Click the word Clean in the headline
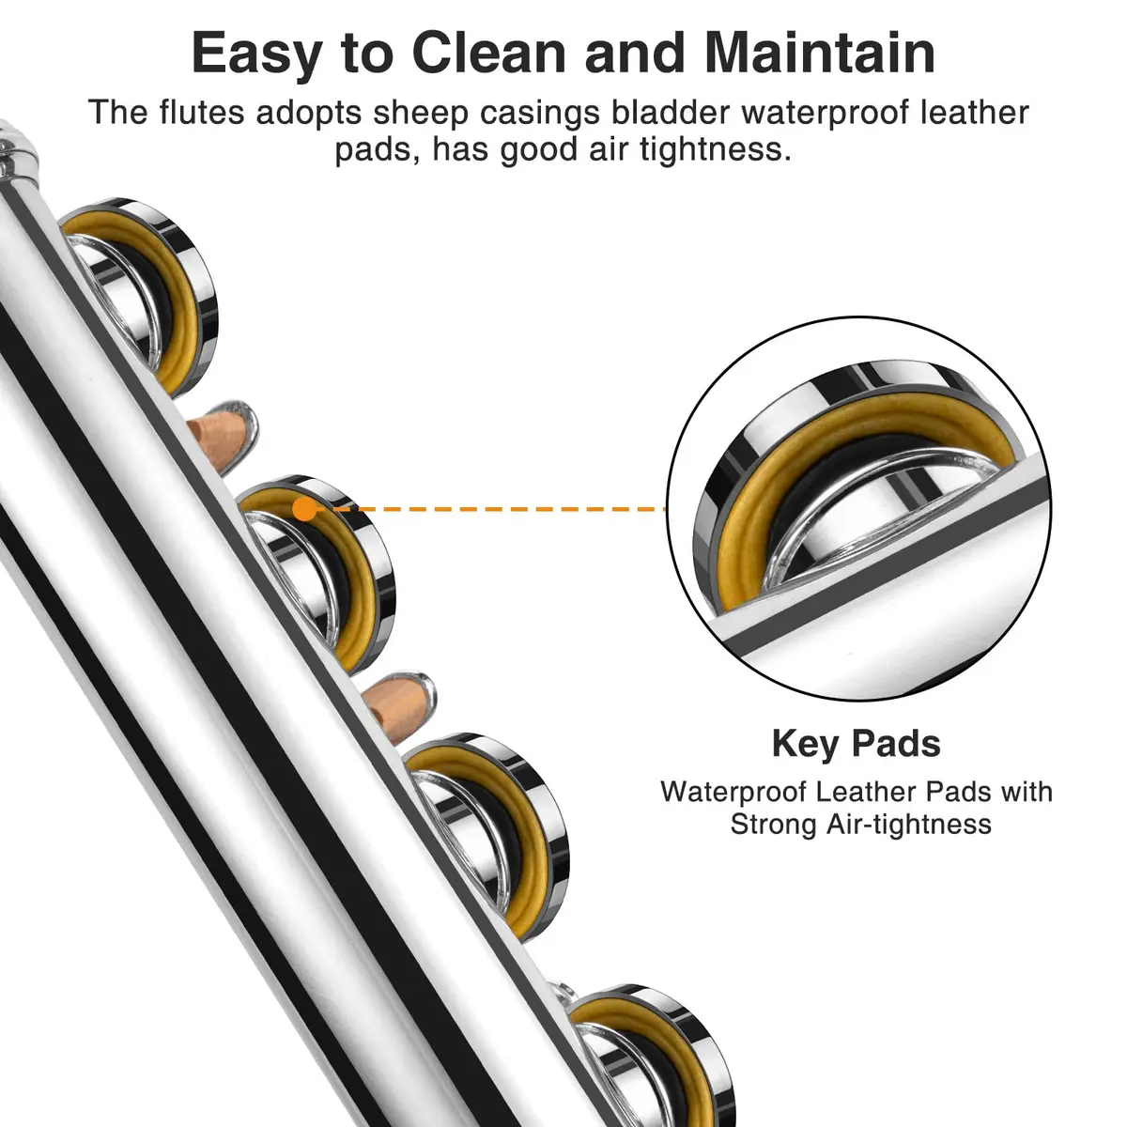[x=489, y=54]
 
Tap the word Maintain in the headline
[x=819, y=54]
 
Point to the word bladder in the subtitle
[x=672, y=113]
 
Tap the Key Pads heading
[x=856, y=745]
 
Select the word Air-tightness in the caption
[x=908, y=825]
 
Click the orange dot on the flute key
[x=304, y=509]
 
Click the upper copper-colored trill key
[x=222, y=435]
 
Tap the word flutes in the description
[x=202, y=113]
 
